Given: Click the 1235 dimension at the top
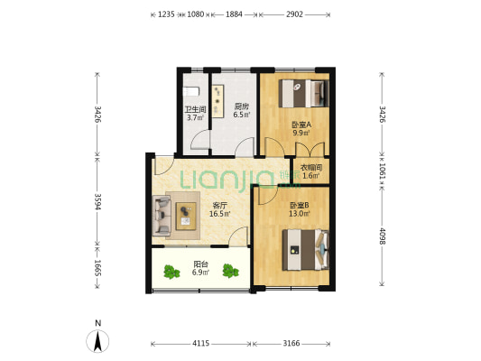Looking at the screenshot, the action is click(x=166, y=14).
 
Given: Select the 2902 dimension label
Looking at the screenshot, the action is click(x=294, y=14).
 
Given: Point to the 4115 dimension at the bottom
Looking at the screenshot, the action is click(x=201, y=343).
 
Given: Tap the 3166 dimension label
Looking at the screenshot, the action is click(x=291, y=343).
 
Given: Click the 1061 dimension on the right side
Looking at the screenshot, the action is click(x=383, y=171).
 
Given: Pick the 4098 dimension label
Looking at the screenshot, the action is click(x=383, y=236).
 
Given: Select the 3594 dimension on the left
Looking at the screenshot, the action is click(x=97, y=201).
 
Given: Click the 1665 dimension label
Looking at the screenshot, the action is click(x=97, y=268).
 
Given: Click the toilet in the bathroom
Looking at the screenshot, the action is click(x=191, y=91).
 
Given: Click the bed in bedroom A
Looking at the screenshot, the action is click(x=304, y=93).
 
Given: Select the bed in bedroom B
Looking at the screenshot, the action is click(x=306, y=250).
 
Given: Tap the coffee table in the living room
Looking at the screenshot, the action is click(x=186, y=217).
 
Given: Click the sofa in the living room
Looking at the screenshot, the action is click(x=162, y=216).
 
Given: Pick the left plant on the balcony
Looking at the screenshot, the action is click(x=171, y=272).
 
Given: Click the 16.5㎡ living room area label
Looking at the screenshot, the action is click(x=219, y=214).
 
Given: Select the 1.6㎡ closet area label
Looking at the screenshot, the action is click(x=311, y=176).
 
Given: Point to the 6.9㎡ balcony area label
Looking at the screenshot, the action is click(x=201, y=272).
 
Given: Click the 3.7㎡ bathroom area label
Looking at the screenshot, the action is click(x=196, y=117).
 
